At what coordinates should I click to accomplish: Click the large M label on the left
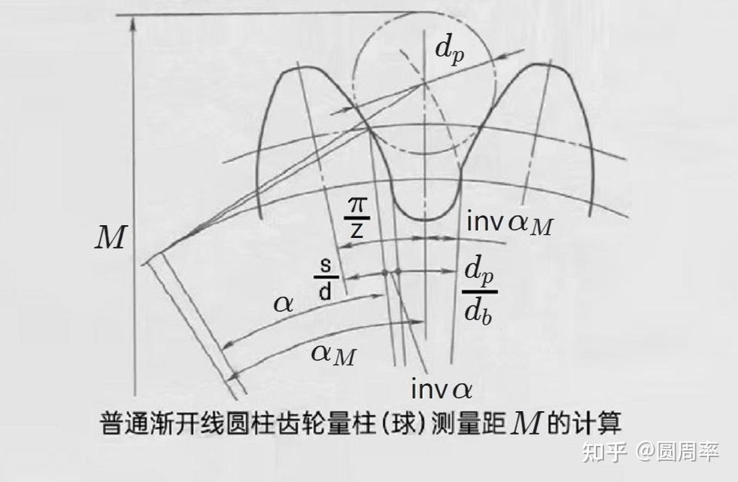pos(110,238)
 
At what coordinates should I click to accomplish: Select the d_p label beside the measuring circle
pos(450,49)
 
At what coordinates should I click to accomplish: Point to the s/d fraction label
pos(325,281)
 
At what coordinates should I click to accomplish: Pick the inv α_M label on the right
pos(509,222)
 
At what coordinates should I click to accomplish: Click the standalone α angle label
pos(284,303)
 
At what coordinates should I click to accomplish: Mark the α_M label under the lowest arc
pos(333,353)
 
